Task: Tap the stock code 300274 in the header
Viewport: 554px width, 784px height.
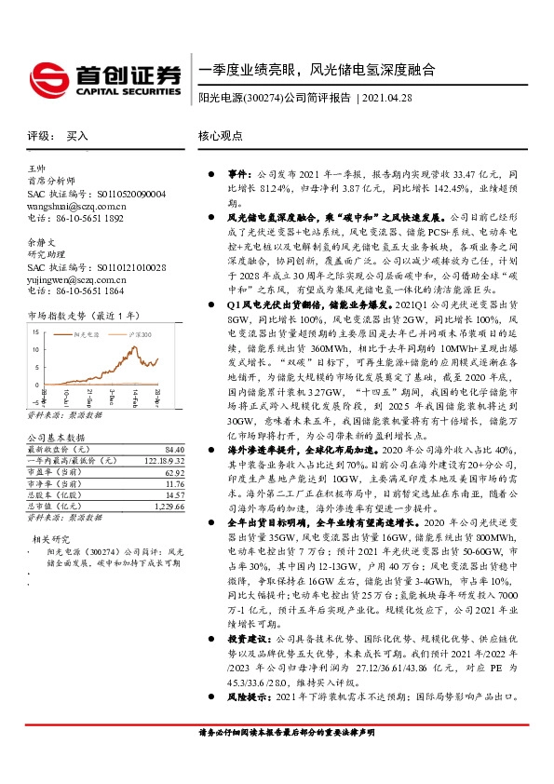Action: (x=263, y=98)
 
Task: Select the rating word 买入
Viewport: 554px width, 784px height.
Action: (x=76, y=135)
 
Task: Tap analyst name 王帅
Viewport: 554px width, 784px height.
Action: (x=36, y=168)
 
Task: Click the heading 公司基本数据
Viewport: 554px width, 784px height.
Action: (x=56, y=437)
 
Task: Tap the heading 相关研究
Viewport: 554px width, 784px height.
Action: (x=52, y=539)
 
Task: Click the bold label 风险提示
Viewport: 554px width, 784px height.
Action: (x=250, y=723)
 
